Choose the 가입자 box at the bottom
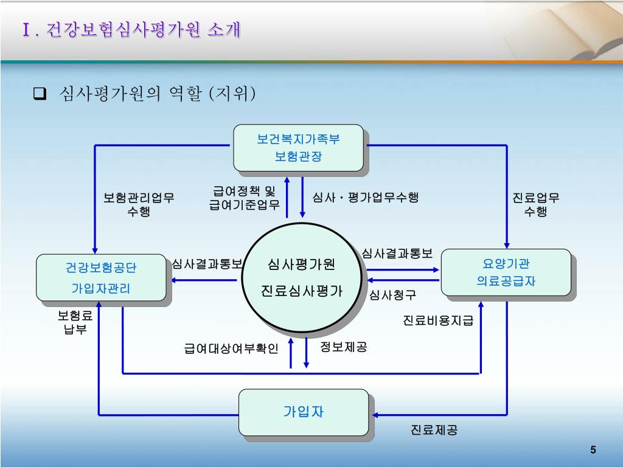pyautogui.click(x=303, y=412)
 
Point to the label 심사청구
pyautogui.click(x=392, y=296)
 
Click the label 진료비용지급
pyautogui.click(x=438, y=320)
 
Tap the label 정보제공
pyautogui.click(x=344, y=347)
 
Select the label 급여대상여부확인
pyautogui.click(x=231, y=348)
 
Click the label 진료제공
pyautogui.click(x=434, y=430)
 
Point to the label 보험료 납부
pyautogui.click(x=75, y=322)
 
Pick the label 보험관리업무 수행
pyautogui.click(x=139, y=204)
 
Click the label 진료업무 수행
pyautogui.click(x=535, y=204)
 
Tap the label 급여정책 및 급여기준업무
pyautogui.click(x=244, y=198)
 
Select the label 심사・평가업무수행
pyautogui.click(x=366, y=198)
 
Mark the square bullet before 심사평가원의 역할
pyautogui.click(x=40, y=94)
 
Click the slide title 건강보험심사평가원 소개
pyautogui.click(x=130, y=30)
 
